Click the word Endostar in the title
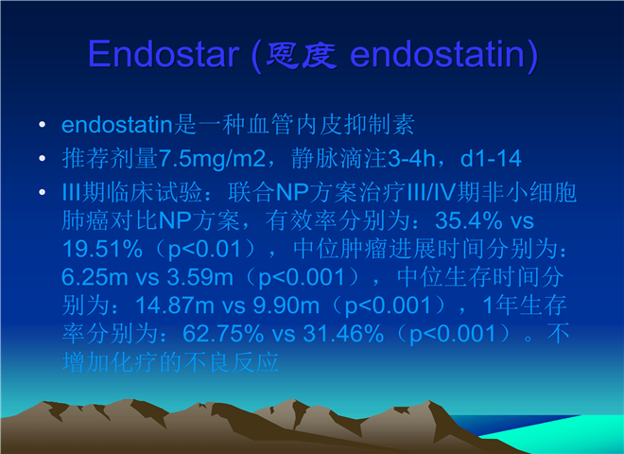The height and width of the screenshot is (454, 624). [x=164, y=54]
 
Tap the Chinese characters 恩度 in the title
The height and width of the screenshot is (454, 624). [x=302, y=55]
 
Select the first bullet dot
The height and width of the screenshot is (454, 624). [x=43, y=125]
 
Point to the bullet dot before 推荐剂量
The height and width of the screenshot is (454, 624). [x=43, y=159]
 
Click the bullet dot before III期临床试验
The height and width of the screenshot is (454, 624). [x=43, y=192]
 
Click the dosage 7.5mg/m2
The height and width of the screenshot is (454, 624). [x=212, y=160]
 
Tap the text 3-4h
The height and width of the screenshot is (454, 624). [x=411, y=159]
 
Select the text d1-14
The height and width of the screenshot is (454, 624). [x=491, y=159]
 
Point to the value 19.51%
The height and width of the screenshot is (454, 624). [x=102, y=249]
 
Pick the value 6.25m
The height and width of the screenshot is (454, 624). [x=95, y=277]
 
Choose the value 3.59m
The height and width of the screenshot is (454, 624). [x=199, y=277]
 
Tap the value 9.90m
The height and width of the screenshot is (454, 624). [x=286, y=306]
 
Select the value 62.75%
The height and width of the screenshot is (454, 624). [x=223, y=334]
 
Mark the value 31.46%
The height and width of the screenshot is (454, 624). [x=343, y=334]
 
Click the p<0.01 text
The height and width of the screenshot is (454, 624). [x=204, y=250]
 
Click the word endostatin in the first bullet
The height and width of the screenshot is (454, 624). [x=117, y=125]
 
